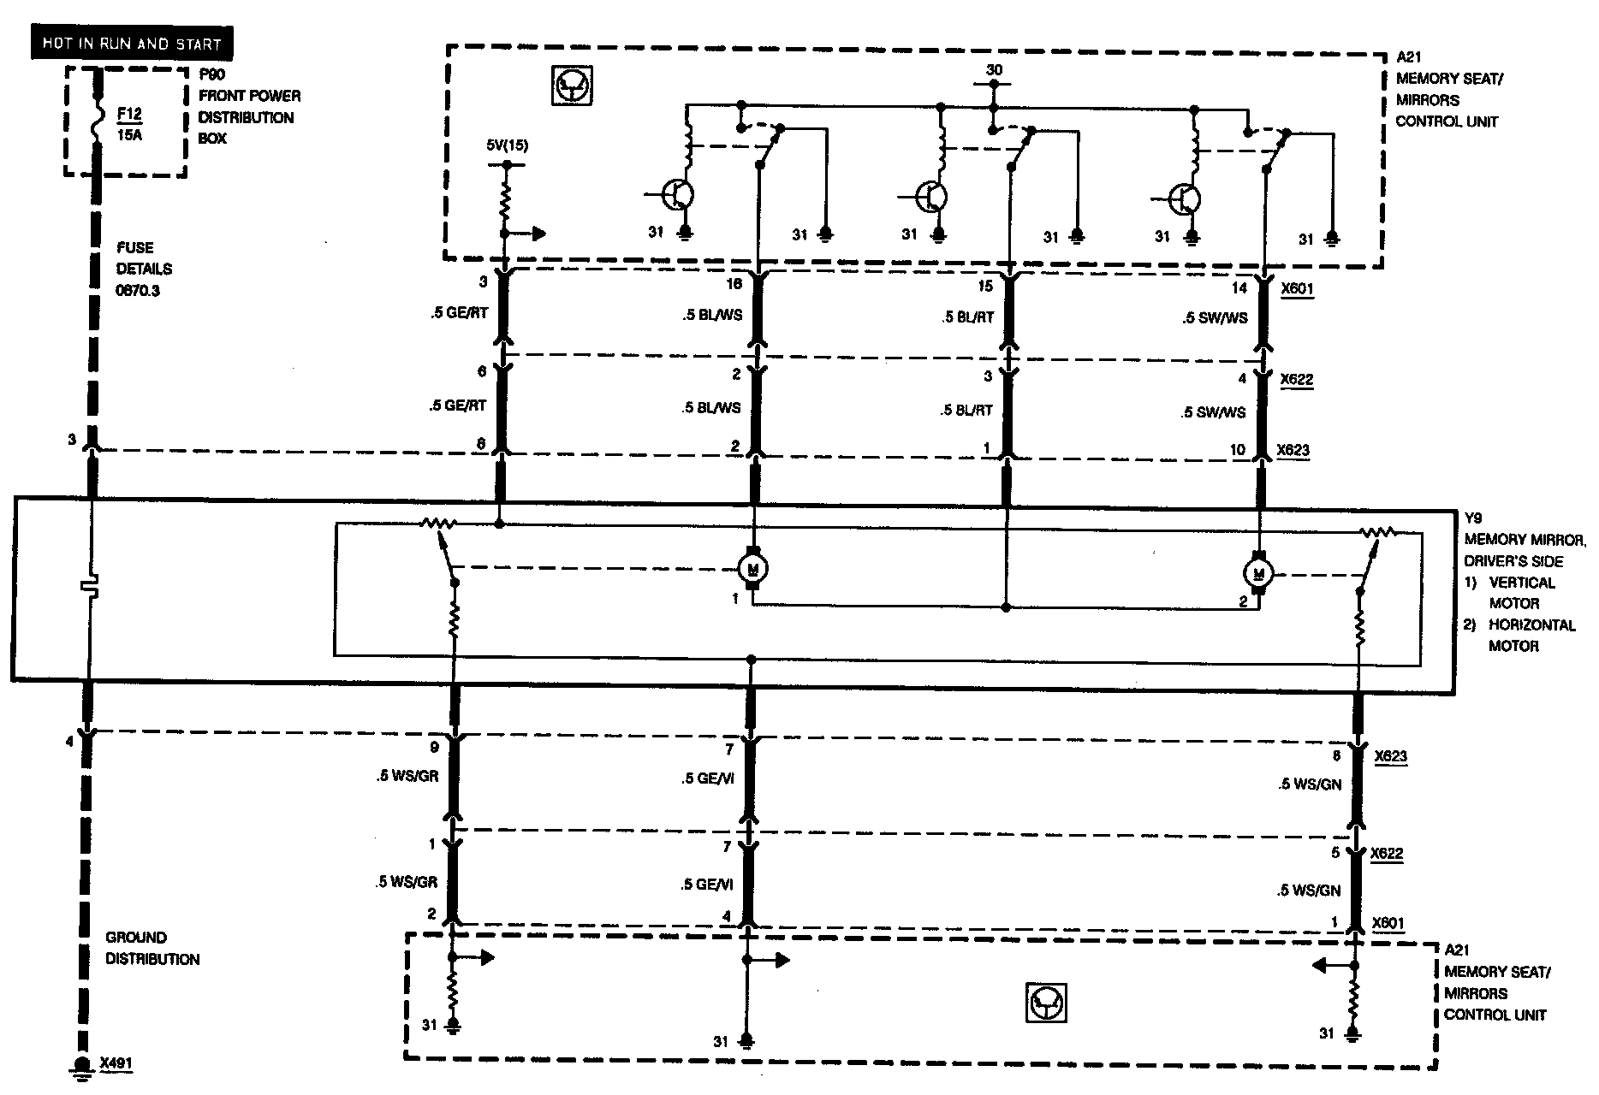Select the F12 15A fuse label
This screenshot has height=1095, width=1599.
click(x=130, y=122)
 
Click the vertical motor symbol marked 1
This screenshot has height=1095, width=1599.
click(x=753, y=567)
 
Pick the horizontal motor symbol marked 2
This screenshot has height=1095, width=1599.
click(x=1258, y=572)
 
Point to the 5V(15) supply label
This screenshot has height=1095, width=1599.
click(x=507, y=145)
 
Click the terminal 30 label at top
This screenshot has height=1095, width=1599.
click(x=993, y=70)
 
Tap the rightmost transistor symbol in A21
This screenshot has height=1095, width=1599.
click(x=1186, y=199)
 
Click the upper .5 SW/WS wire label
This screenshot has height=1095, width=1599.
click(x=1215, y=317)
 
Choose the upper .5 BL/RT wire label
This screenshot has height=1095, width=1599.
click(x=967, y=317)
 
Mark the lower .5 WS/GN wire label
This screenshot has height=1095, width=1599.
click(x=1309, y=891)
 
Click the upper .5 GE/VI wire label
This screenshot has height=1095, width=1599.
click(x=707, y=778)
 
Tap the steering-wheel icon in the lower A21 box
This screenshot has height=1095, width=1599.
click(x=1046, y=1002)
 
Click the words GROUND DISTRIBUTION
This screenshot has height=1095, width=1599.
click(x=152, y=948)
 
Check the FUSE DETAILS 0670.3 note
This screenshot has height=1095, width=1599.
click(x=144, y=269)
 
